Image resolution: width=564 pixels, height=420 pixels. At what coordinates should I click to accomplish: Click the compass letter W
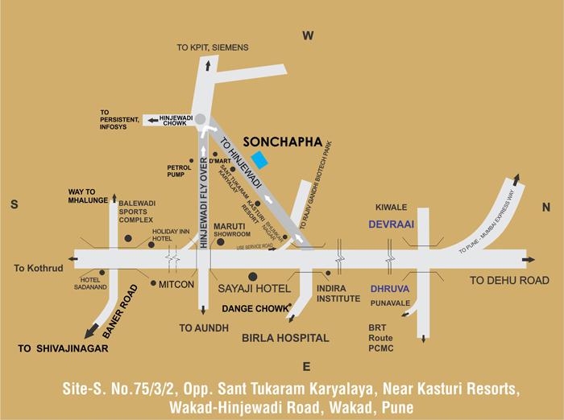click(307, 35)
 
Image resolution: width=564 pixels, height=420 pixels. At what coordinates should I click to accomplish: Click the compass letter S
click(14, 205)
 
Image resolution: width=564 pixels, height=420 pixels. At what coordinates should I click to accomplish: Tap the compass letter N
click(545, 206)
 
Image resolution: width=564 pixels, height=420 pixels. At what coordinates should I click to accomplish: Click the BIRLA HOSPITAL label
click(285, 339)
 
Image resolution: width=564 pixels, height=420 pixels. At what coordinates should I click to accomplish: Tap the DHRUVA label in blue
click(389, 287)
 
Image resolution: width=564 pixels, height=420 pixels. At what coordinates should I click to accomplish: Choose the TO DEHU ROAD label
click(510, 280)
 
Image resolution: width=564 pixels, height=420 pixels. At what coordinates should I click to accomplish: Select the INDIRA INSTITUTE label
click(338, 292)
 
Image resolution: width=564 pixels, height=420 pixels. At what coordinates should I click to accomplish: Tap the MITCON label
click(176, 284)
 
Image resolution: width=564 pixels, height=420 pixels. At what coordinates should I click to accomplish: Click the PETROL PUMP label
click(179, 171)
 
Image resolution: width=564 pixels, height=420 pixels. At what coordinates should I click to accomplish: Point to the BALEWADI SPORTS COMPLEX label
click(136, 212)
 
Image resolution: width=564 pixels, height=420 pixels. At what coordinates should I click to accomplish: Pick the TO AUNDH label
click(204, 327)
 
